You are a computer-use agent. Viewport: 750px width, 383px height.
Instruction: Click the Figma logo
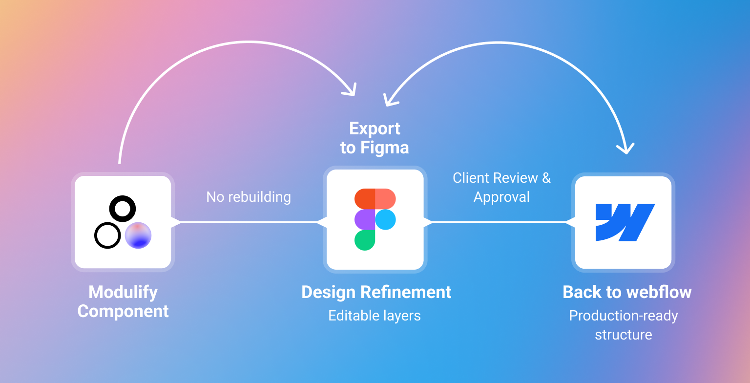point(375,219)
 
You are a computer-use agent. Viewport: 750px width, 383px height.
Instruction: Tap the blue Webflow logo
point(625,223)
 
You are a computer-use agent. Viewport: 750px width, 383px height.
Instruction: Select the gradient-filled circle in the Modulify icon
point(138,235)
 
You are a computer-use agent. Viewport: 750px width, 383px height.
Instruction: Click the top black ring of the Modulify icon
point(122,209)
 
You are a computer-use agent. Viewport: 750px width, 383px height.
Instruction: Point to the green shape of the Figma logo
point(365,240)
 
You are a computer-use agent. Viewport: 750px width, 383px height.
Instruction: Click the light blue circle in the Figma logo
point(386,219)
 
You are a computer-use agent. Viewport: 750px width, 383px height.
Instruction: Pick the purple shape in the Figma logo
point(365,219)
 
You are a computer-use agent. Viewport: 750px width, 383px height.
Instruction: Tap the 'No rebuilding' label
point(249,197)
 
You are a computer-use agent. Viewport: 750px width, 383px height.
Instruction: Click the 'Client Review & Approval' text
point(501,188)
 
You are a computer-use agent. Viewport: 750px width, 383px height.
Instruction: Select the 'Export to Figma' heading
point(375,138)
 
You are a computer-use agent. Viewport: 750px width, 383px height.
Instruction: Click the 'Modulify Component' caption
point(123,301)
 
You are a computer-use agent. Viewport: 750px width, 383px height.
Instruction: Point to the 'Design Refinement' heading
point(376,292)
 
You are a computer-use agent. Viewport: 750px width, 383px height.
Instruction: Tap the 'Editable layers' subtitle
point(375,316)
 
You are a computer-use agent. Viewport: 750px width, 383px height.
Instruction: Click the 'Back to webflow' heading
point(627,292)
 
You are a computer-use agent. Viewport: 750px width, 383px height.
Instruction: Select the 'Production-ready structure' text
point(624,325)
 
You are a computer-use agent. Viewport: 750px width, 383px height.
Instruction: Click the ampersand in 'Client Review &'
point(546,178)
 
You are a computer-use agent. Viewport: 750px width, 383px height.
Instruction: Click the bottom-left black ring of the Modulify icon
point(107,235)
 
